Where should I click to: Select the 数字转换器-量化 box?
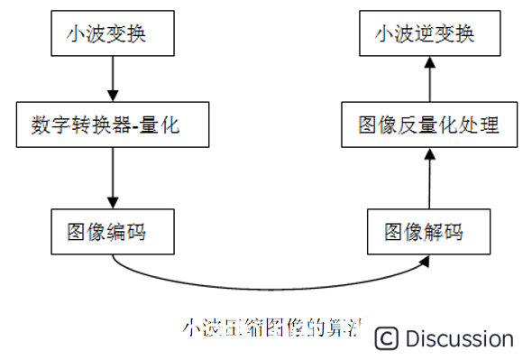pyautogui.click(x=112, y=124)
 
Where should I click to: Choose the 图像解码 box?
pyautogui.click(x=428, y=231)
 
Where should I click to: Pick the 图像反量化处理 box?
pyautogui.click(x=428, y=125)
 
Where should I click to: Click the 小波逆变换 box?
pyautogui.click(x=428, y=36)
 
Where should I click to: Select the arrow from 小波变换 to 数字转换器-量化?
pyautogui.click(x=112, y=79)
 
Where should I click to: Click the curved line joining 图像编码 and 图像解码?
pyautogui.click(x=271, y=288)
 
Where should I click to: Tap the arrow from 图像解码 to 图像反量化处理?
pyautogui.click(x=428, y=179)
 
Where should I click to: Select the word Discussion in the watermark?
pyautogui.click(x=459, y=339)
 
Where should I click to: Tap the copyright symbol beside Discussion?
pyautogui.click(x=386, y=338)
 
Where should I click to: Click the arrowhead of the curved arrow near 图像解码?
pyautogui.click(x=426, y=263)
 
